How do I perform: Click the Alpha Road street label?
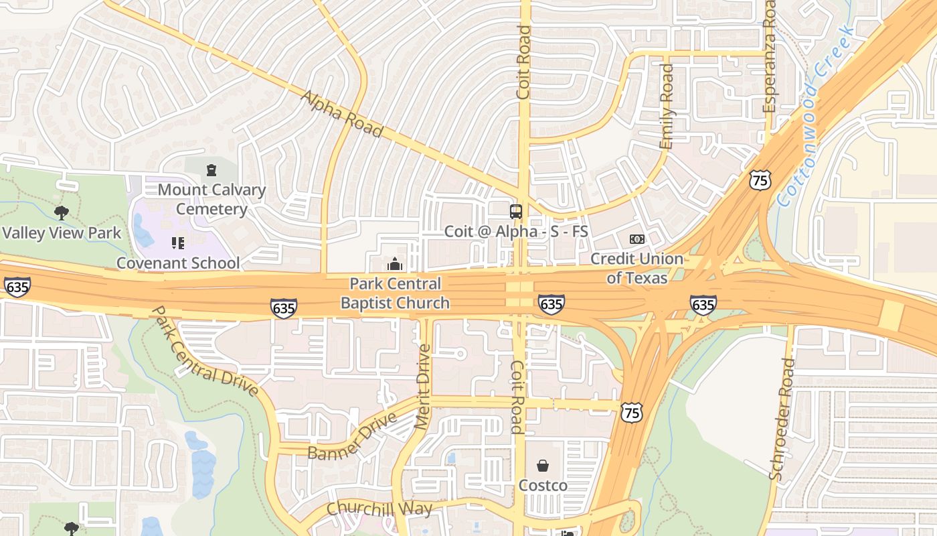(341, 115)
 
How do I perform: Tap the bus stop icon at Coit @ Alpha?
(516, 212)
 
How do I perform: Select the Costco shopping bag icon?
(543, 466)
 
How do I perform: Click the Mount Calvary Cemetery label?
(211, 200)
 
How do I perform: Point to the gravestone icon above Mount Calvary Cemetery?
(211, 171)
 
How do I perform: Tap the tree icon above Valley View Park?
(62, 213)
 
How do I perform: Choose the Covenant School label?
(178, 263)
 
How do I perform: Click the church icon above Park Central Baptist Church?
(395, 263)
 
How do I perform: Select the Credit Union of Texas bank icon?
(636, 239)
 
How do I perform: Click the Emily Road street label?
(667, 107)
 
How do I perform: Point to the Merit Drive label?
(422, 387)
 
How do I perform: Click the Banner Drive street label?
(352, 436)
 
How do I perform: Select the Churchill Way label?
(379, 509)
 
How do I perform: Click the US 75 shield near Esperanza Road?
(760, 180)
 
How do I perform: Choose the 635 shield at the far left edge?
(17, 287)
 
